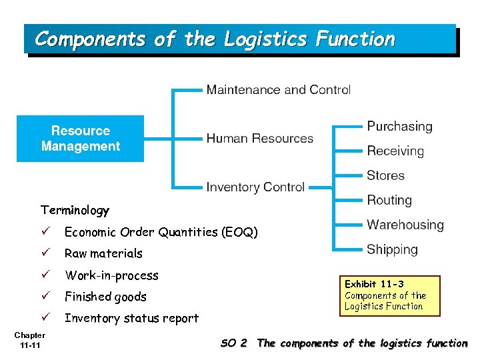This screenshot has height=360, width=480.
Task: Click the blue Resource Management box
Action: (x=80, y=139)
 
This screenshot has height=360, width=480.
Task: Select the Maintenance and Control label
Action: (x=278, y=89)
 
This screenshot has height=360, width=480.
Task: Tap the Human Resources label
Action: (x=259, y=139)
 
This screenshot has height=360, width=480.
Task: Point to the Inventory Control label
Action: (x=255, y=187)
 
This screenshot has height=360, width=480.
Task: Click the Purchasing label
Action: (x=399, y=126)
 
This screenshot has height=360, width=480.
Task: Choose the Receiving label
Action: (x=395, y=151)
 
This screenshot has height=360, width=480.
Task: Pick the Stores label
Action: (x=385, y=176)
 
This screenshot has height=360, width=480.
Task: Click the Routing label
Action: (x=389, y=200)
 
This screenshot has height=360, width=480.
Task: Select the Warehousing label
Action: (x=405, y=225)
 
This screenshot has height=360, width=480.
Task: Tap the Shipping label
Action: (x=392, y=250)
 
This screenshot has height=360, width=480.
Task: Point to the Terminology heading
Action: (x=75, y=211)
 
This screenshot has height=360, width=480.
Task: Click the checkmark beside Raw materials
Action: (x=45, y=253)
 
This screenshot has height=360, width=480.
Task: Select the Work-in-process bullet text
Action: (x=111, y=275)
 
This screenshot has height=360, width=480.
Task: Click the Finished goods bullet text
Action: (x=105, y=297)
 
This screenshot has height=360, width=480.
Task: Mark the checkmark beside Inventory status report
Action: (x=45, y=317)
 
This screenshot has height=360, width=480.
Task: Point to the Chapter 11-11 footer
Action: (x=30, y=340)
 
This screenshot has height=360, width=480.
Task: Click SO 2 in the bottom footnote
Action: (x=234, y=343)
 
